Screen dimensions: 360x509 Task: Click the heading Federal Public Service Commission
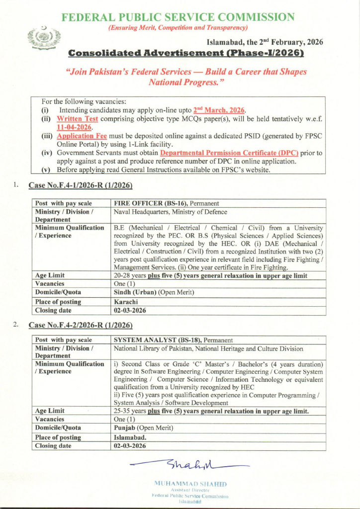click(x=178, y=17)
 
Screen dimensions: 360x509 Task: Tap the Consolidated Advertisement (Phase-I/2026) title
click(x=185, y=53)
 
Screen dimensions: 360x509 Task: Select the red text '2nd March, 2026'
click(x=220, y=110)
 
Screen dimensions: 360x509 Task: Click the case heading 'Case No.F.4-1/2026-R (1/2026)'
click(x=81, y=185)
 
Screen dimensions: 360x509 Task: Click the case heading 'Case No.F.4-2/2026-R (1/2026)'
click(x=81, y=325)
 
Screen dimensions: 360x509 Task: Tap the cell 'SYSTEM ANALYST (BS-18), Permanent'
click(x=173, y=340)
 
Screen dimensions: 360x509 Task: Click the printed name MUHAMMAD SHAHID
click(x=191, y=483)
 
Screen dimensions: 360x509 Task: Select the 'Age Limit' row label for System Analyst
click(x=50, y=411)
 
